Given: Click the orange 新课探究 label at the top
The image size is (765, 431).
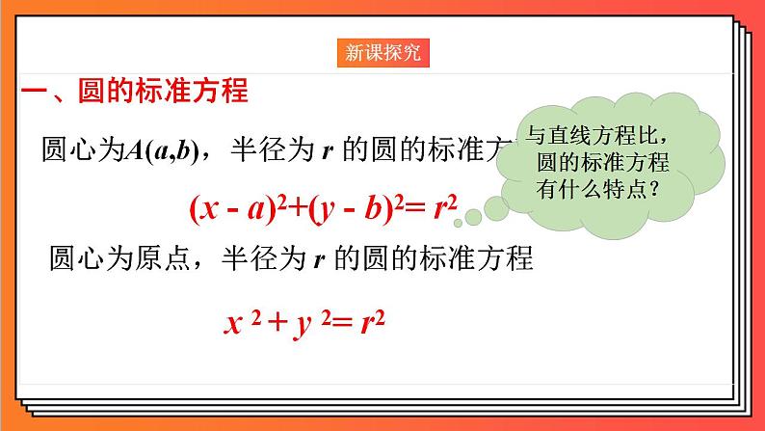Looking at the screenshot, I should pos(382,52).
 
